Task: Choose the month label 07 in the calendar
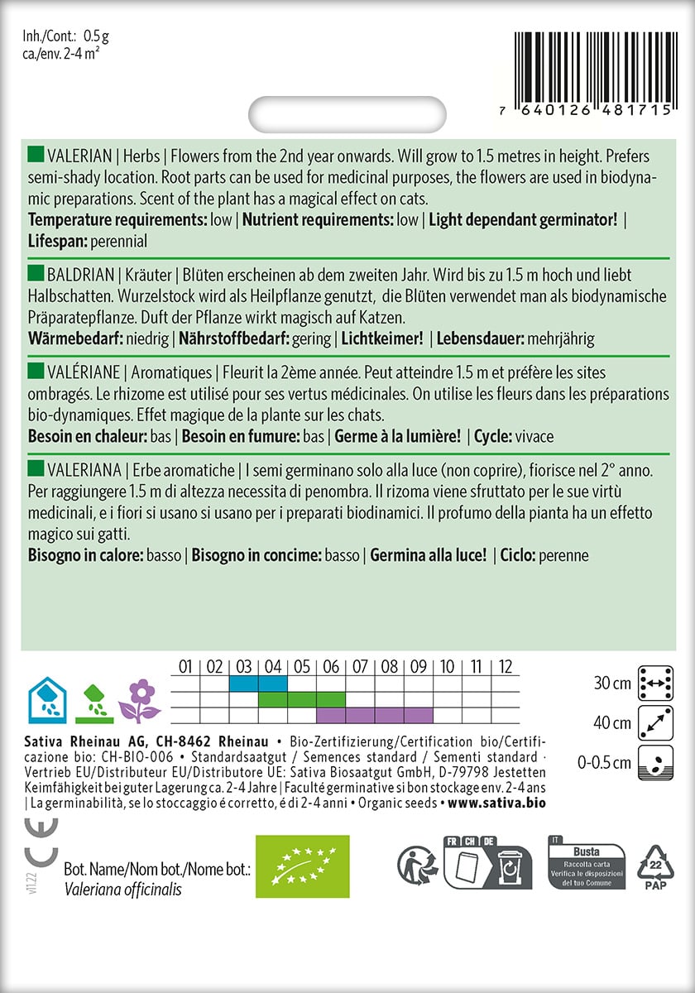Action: (361, 666)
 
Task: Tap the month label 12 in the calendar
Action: (506, 666)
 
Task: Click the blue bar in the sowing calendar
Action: (258, 684)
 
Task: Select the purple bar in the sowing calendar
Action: (375, 714)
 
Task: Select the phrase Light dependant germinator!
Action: (523, 220)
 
